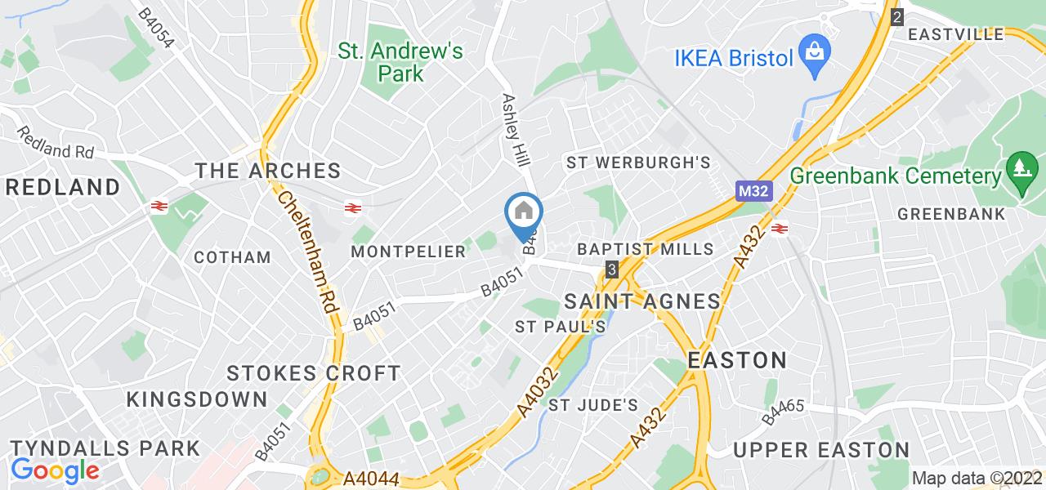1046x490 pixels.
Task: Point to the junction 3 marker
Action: pyautogui.click(x=612, y=269)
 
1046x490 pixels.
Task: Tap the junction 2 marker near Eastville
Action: pyautogui.click(x=897, y=16)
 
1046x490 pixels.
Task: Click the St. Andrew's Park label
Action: pyautogui.click(x=400, y=62)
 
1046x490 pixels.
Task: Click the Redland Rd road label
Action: pyautogui.click(x=54, y=142)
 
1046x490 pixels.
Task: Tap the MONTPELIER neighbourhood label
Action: pyautogui.click(x=408, y=252)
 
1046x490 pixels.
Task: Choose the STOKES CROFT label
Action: pyautogui.click(x=314, y=374)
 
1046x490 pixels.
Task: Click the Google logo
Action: pyautogui.click(x=55, y=470)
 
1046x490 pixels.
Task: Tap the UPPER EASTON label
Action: pyautogui.click(x=821, y=450)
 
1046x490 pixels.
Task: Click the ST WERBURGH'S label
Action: pyautogui.click(x=638, y=163)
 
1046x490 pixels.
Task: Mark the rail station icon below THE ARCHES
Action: pyautogui.click(x=353, y=207)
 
